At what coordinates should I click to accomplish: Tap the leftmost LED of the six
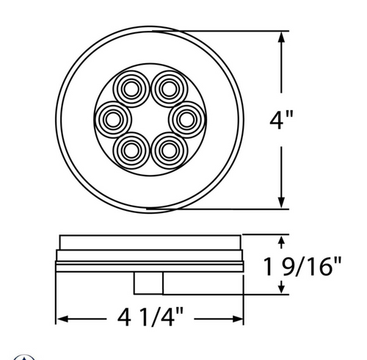pyautogui.click(x=115, y=118)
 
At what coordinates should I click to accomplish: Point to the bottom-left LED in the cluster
pyautogui.click(x=134, y=149)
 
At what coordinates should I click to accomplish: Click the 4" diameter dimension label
pyautogui.click(x=281, y=120)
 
